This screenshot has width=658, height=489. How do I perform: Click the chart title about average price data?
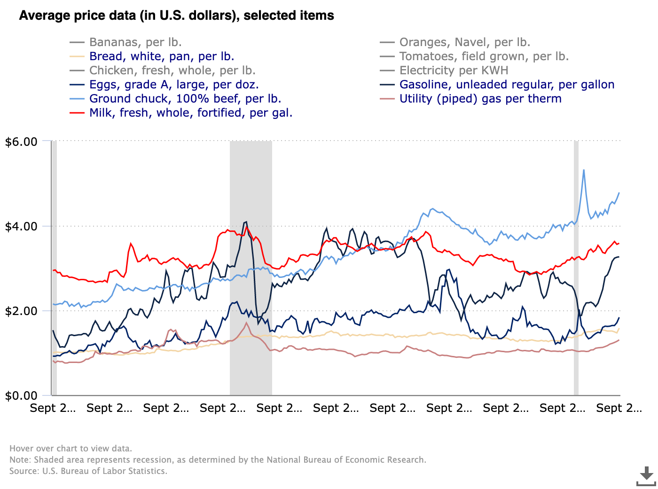(176, 16)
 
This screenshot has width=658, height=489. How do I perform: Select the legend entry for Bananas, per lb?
(135, 42)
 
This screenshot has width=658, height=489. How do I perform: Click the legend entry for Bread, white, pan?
(162, 56)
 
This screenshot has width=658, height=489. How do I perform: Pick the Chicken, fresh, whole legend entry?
(172, 71)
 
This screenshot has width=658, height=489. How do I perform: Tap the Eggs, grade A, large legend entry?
(174, 85)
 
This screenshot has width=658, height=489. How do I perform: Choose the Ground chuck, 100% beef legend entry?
(185, 99)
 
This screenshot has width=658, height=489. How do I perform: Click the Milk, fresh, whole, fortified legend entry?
(191, 113)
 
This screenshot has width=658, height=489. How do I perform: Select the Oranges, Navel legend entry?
(465, 42)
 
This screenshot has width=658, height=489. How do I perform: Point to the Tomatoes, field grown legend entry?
(484, 56)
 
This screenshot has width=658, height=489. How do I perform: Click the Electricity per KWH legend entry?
(454, 71)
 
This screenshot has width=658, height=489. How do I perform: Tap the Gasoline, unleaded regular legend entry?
(507, 85)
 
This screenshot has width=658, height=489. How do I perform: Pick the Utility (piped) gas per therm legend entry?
(480, 99)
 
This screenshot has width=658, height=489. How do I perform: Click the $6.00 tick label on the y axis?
(21, 142)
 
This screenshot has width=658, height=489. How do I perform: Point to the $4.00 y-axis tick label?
(21, 226)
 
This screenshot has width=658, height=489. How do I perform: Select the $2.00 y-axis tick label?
(21, 311)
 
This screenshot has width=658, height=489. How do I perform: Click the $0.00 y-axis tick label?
(21, 395)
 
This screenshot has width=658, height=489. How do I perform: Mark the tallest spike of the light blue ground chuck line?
(584, 170)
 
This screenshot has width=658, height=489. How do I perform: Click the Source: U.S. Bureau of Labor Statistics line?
(88, 471)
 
